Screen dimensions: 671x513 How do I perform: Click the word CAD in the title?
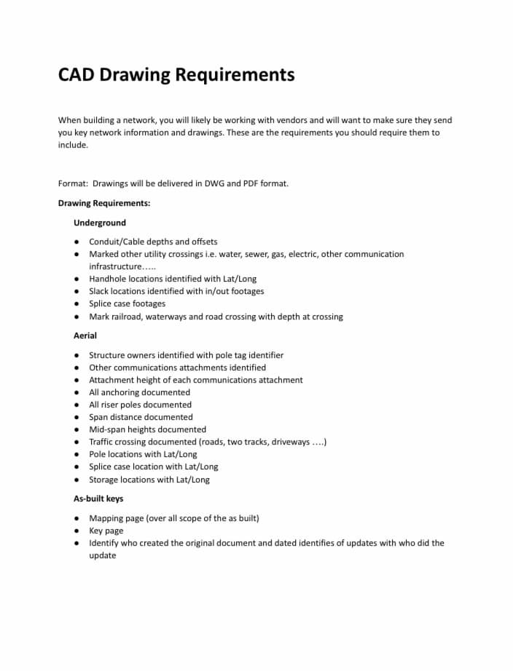76,75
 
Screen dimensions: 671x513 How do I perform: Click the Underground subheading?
100,223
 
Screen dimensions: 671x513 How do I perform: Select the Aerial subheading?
85,335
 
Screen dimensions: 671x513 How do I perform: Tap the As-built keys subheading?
98,499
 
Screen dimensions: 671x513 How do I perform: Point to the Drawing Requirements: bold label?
104,203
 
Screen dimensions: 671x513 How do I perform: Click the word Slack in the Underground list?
100,291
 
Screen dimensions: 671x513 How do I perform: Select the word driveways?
291,442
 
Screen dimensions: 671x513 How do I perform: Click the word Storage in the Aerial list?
105,480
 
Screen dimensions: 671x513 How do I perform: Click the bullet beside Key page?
77,531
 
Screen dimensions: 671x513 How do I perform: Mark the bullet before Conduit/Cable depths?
77,242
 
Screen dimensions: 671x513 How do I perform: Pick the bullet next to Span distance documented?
77,417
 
